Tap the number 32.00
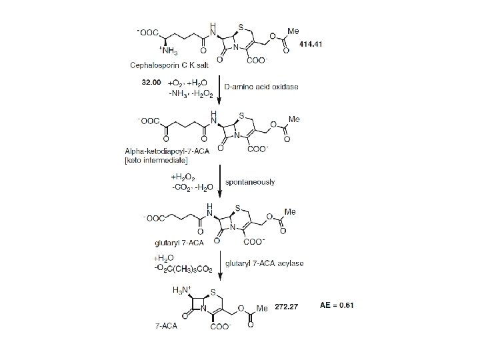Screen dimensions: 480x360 point(151,83)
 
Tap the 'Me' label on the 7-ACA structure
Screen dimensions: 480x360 point(262,309)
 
